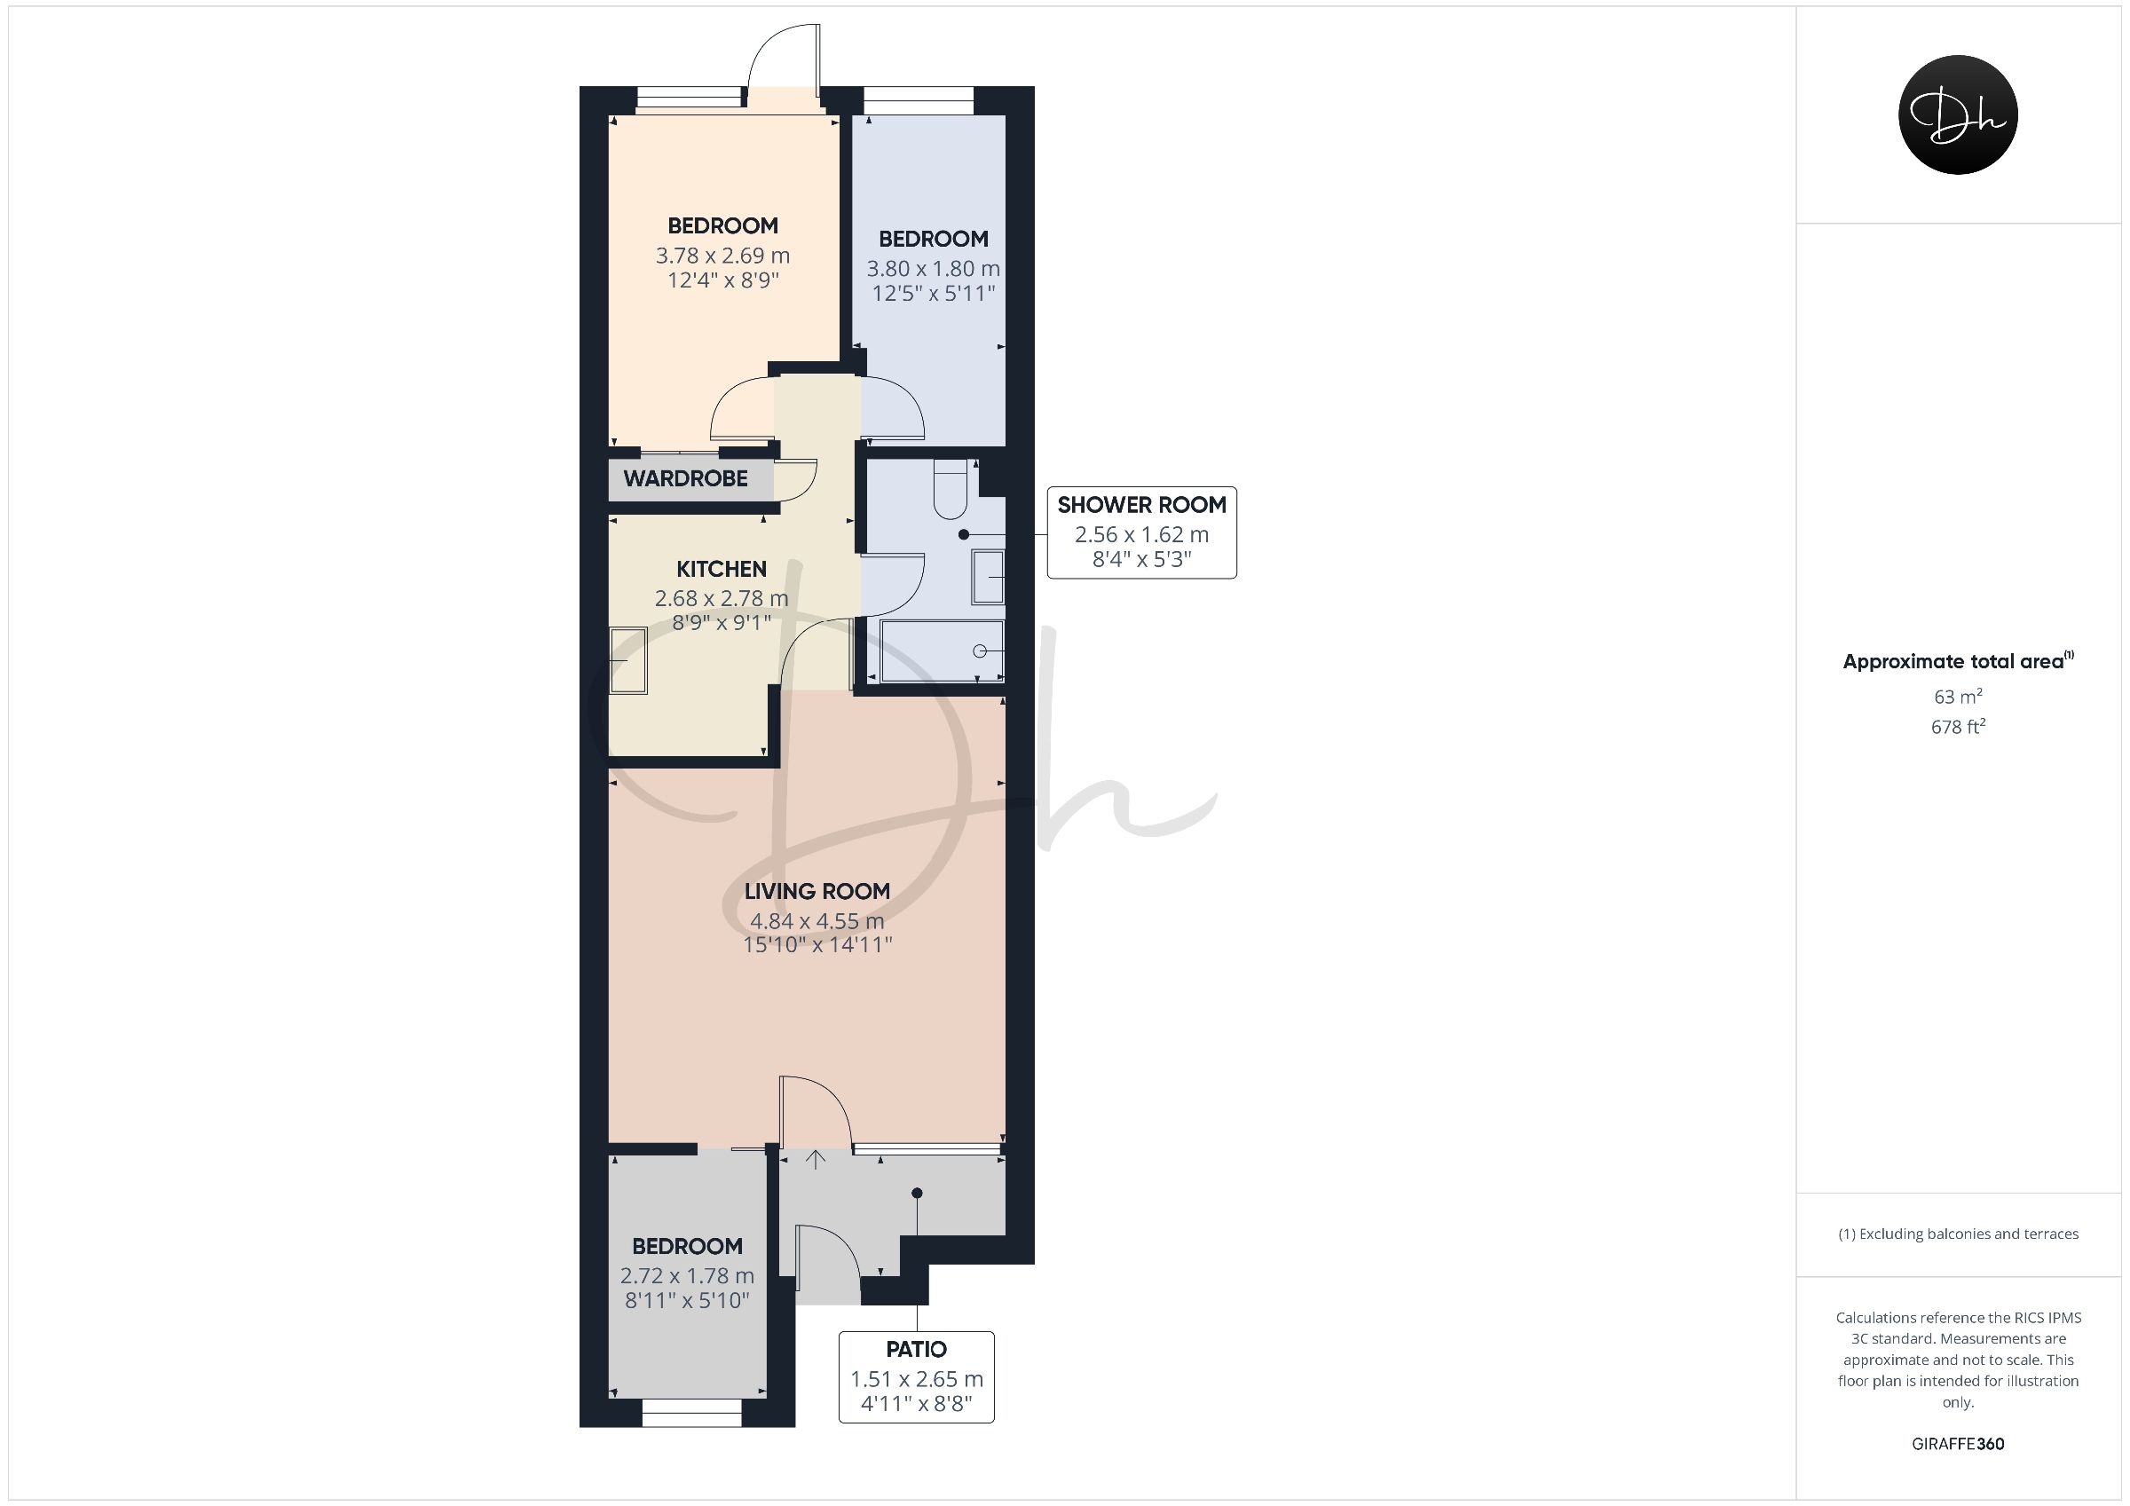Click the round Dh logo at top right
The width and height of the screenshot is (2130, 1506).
click(1958, 115)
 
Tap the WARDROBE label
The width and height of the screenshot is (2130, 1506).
click(685, 479)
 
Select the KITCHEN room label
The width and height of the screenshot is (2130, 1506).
click(721, 569)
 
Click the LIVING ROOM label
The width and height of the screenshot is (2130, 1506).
click(817, 892)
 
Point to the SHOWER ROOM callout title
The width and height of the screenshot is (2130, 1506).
click(1142, 505)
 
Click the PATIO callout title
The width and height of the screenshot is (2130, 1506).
click(917, 1349)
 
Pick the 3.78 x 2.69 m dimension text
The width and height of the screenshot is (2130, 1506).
click(722, 256)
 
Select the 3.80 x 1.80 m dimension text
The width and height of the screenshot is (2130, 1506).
click(934, 269)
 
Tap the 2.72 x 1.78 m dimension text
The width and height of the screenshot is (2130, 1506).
click(688, 1277)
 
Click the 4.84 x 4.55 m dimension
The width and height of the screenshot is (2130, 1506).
click(817, 921)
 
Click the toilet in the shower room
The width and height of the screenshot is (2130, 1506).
click(951, 489)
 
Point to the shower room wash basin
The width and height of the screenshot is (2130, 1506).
click(989, 577)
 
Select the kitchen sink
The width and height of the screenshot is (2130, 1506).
click(628, 660)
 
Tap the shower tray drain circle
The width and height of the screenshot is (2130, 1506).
click(980, 651)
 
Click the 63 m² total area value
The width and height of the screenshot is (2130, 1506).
click(1958, 696)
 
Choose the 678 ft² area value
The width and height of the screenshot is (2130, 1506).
click(1958, 727)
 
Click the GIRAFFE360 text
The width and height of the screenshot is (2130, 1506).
click(1958, 1444)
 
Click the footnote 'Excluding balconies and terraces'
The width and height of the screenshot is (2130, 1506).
click(1958, 1234)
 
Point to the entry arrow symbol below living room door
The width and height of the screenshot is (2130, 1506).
click(816, 1159)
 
